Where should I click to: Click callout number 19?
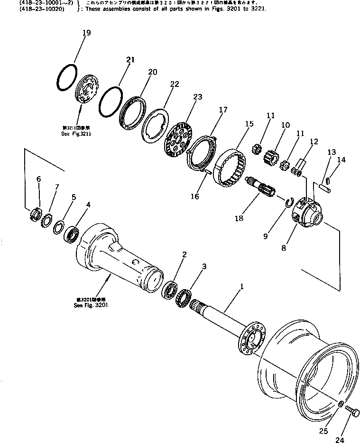86,33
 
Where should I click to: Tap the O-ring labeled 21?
111,101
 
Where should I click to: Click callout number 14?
342,160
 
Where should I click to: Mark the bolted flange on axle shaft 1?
249,339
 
